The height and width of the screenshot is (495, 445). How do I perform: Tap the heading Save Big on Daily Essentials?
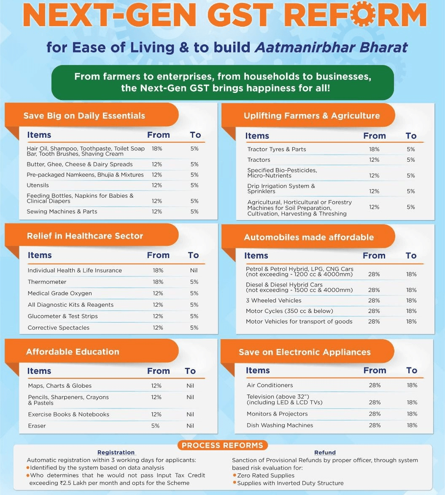coord(84,116)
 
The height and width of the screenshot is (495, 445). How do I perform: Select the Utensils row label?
coord(38,185)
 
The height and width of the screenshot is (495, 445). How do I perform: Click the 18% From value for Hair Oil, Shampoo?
coord(157,149)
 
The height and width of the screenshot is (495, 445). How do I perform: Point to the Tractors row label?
coord(259,160)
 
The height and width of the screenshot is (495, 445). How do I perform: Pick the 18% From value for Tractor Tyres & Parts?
coord(374,150)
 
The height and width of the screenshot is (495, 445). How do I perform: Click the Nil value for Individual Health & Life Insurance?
coord(194,271)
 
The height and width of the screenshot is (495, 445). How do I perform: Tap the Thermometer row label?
coord(47,282)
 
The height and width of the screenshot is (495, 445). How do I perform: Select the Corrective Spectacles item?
coord(59,328)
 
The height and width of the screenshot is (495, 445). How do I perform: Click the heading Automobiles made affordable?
coord(309,237)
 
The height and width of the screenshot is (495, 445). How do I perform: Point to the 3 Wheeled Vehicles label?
coord(274,301)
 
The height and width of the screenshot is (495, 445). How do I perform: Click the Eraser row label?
coord(37,426)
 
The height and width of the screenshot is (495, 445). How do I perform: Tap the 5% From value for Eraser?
coord(156,426)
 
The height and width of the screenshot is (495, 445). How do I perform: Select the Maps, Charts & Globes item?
coord(60,386)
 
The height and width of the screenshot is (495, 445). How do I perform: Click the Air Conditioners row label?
coord(270,386)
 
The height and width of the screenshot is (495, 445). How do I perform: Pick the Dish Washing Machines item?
coord(280,426)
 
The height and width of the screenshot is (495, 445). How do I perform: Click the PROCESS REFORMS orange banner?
coord(222,446)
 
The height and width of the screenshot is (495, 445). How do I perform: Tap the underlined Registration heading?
coord(116,453)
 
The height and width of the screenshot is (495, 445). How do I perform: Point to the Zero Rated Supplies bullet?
coord(266,476)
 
